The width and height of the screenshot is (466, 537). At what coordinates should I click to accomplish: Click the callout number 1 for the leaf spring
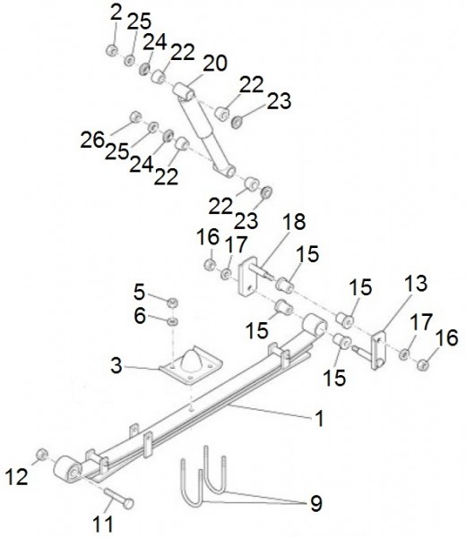coord(320,418)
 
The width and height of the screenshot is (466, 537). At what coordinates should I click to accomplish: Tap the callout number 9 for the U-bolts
coord(316,503)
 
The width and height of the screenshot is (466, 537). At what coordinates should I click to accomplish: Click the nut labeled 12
coord(42,455)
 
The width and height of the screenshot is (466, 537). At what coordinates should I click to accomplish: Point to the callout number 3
coord(116,365)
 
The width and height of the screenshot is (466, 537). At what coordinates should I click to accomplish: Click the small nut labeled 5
coord(173,303)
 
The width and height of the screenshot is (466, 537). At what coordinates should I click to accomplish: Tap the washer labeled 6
coord(172,321)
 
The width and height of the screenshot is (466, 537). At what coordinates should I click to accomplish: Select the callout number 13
coord(416,284)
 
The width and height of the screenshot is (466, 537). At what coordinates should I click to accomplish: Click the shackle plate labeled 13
coord(378,350)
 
